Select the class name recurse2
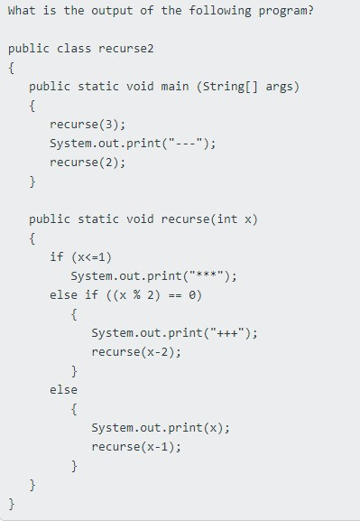tap(131, 48)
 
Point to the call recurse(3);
tap(88, 125)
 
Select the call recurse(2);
tap(88, 163)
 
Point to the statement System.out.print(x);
tap(161, 427)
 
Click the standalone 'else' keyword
tap(63, 389)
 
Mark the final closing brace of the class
tap(12, 503)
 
